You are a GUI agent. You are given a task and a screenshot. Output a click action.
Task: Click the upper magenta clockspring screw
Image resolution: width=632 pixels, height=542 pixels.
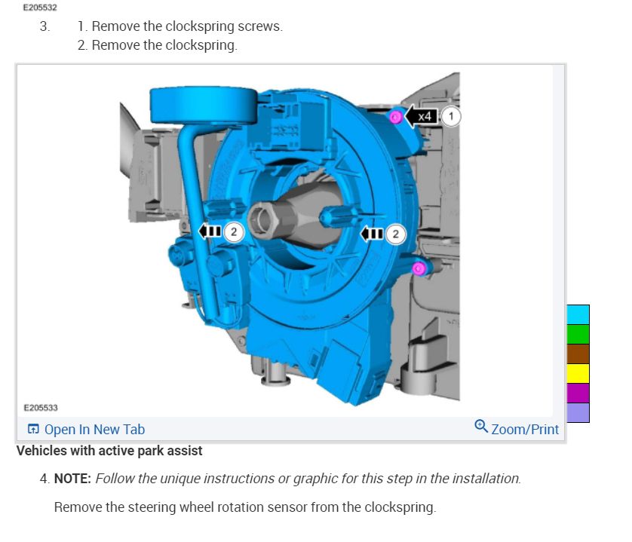395,117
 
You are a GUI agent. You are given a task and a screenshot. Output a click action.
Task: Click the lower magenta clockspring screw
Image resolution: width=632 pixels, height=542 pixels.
419,268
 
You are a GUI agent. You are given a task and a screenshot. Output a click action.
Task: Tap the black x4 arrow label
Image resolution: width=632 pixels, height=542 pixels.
421,116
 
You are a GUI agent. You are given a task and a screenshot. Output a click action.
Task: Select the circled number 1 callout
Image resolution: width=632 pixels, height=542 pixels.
451,116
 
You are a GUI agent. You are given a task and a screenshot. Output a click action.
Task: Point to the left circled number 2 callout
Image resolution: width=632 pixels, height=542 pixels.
234,231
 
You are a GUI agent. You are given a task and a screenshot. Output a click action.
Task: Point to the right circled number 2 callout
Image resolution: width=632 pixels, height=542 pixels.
395,234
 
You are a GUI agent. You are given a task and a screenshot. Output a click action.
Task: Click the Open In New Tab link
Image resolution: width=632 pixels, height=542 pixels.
86,429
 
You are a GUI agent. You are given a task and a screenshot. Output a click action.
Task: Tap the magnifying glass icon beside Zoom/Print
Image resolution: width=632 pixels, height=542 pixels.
481,426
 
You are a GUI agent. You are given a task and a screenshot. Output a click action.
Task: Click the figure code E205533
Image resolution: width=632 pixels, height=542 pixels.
41,408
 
